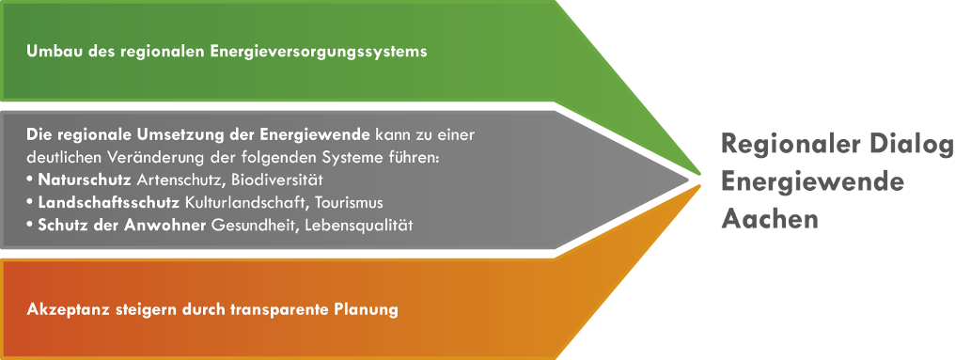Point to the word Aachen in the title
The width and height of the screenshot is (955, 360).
pyautogui.click(x=770, y=218)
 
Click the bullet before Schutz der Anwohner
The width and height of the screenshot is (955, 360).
pyautogui.click(x=30, y=226)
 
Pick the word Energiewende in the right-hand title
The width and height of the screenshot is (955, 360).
pyautogui.click(x=812, y=181)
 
